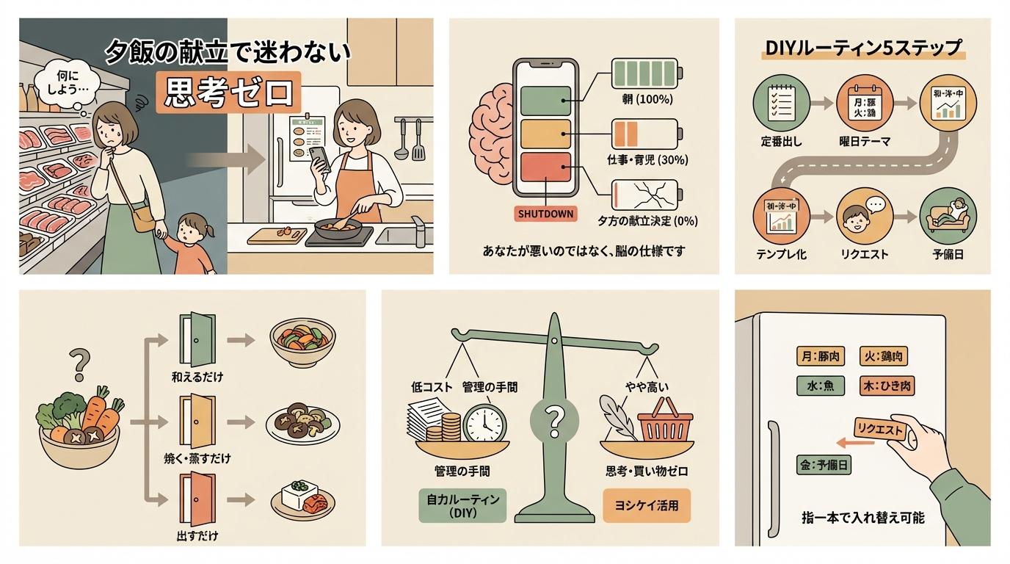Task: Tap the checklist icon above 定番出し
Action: coord(773,104)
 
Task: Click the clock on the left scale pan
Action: coord(484,423)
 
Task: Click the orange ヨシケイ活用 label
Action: coord(647,506)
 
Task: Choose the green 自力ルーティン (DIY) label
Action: coord(462,506)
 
